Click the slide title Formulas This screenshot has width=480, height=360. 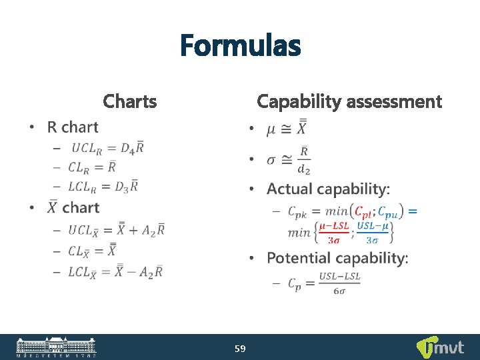tap(240, 47)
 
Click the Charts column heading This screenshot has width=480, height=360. tap(130, 101)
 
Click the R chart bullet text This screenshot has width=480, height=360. tap(73, 127)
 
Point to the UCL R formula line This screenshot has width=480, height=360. tap(107, 148)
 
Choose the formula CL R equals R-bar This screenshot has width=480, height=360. tap(93, 167)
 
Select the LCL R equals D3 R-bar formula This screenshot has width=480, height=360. tap(104, 187)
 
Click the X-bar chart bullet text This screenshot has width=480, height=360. tap(73, 208)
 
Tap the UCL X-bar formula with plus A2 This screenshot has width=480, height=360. tap(117, 231)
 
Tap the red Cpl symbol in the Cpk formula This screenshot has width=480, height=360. tap(364, 212)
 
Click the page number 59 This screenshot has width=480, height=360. tap(240, 348)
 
